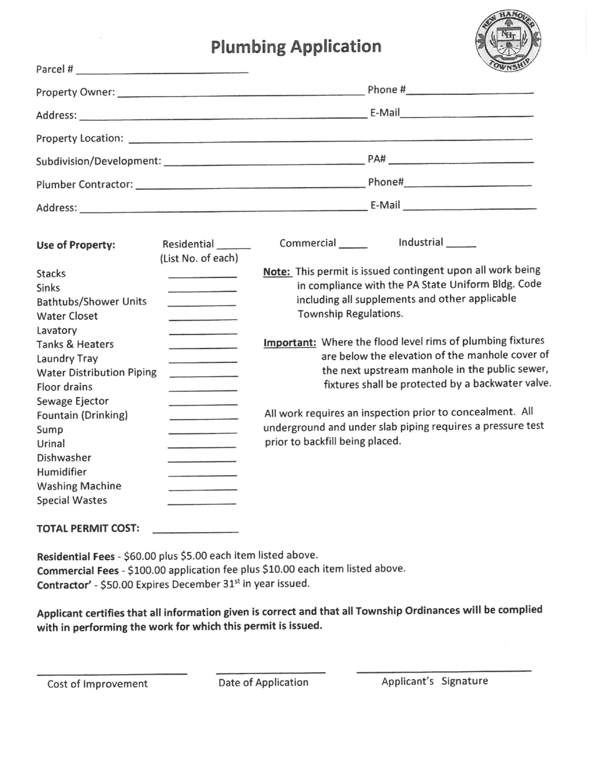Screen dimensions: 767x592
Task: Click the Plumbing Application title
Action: click(296, 47)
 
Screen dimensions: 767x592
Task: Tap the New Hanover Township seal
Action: click(508, 42)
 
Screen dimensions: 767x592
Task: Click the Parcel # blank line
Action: click(163, 70)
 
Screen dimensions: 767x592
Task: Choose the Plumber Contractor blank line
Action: click(249, 185)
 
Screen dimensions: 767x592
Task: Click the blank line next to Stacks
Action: click(203, 276)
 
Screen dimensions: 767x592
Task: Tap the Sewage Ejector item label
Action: click(73, 401)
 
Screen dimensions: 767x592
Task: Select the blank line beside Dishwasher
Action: click(203, 461)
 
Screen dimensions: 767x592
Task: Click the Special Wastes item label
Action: click(72, 500)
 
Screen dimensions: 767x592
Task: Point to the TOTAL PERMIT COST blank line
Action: click(195, 531)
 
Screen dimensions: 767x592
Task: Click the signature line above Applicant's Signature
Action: click(444, 670)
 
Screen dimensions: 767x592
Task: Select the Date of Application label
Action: click(263, 682)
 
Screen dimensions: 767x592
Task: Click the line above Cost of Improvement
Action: click(112, 673)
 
